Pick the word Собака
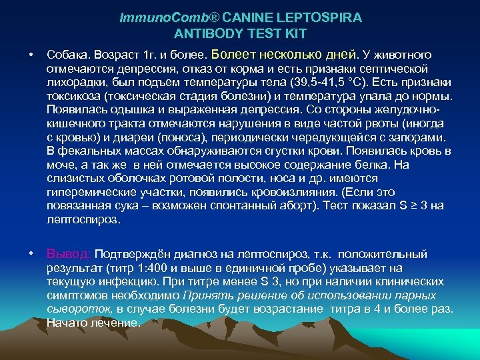[67, 55]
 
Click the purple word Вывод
[69, 255]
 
